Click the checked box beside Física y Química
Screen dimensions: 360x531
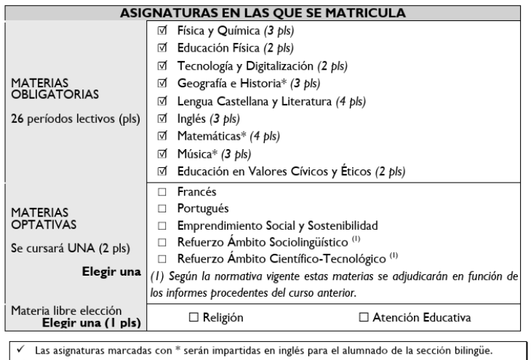point(161,32)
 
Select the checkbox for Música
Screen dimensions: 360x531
point(161,154)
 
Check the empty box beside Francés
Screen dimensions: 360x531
point(161,192)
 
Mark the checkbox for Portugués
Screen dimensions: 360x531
point(161,208)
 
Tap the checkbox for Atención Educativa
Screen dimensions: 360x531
point(364,317)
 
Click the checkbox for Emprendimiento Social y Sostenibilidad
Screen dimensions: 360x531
point(161,225)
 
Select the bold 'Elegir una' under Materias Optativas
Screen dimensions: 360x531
point(112,272)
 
